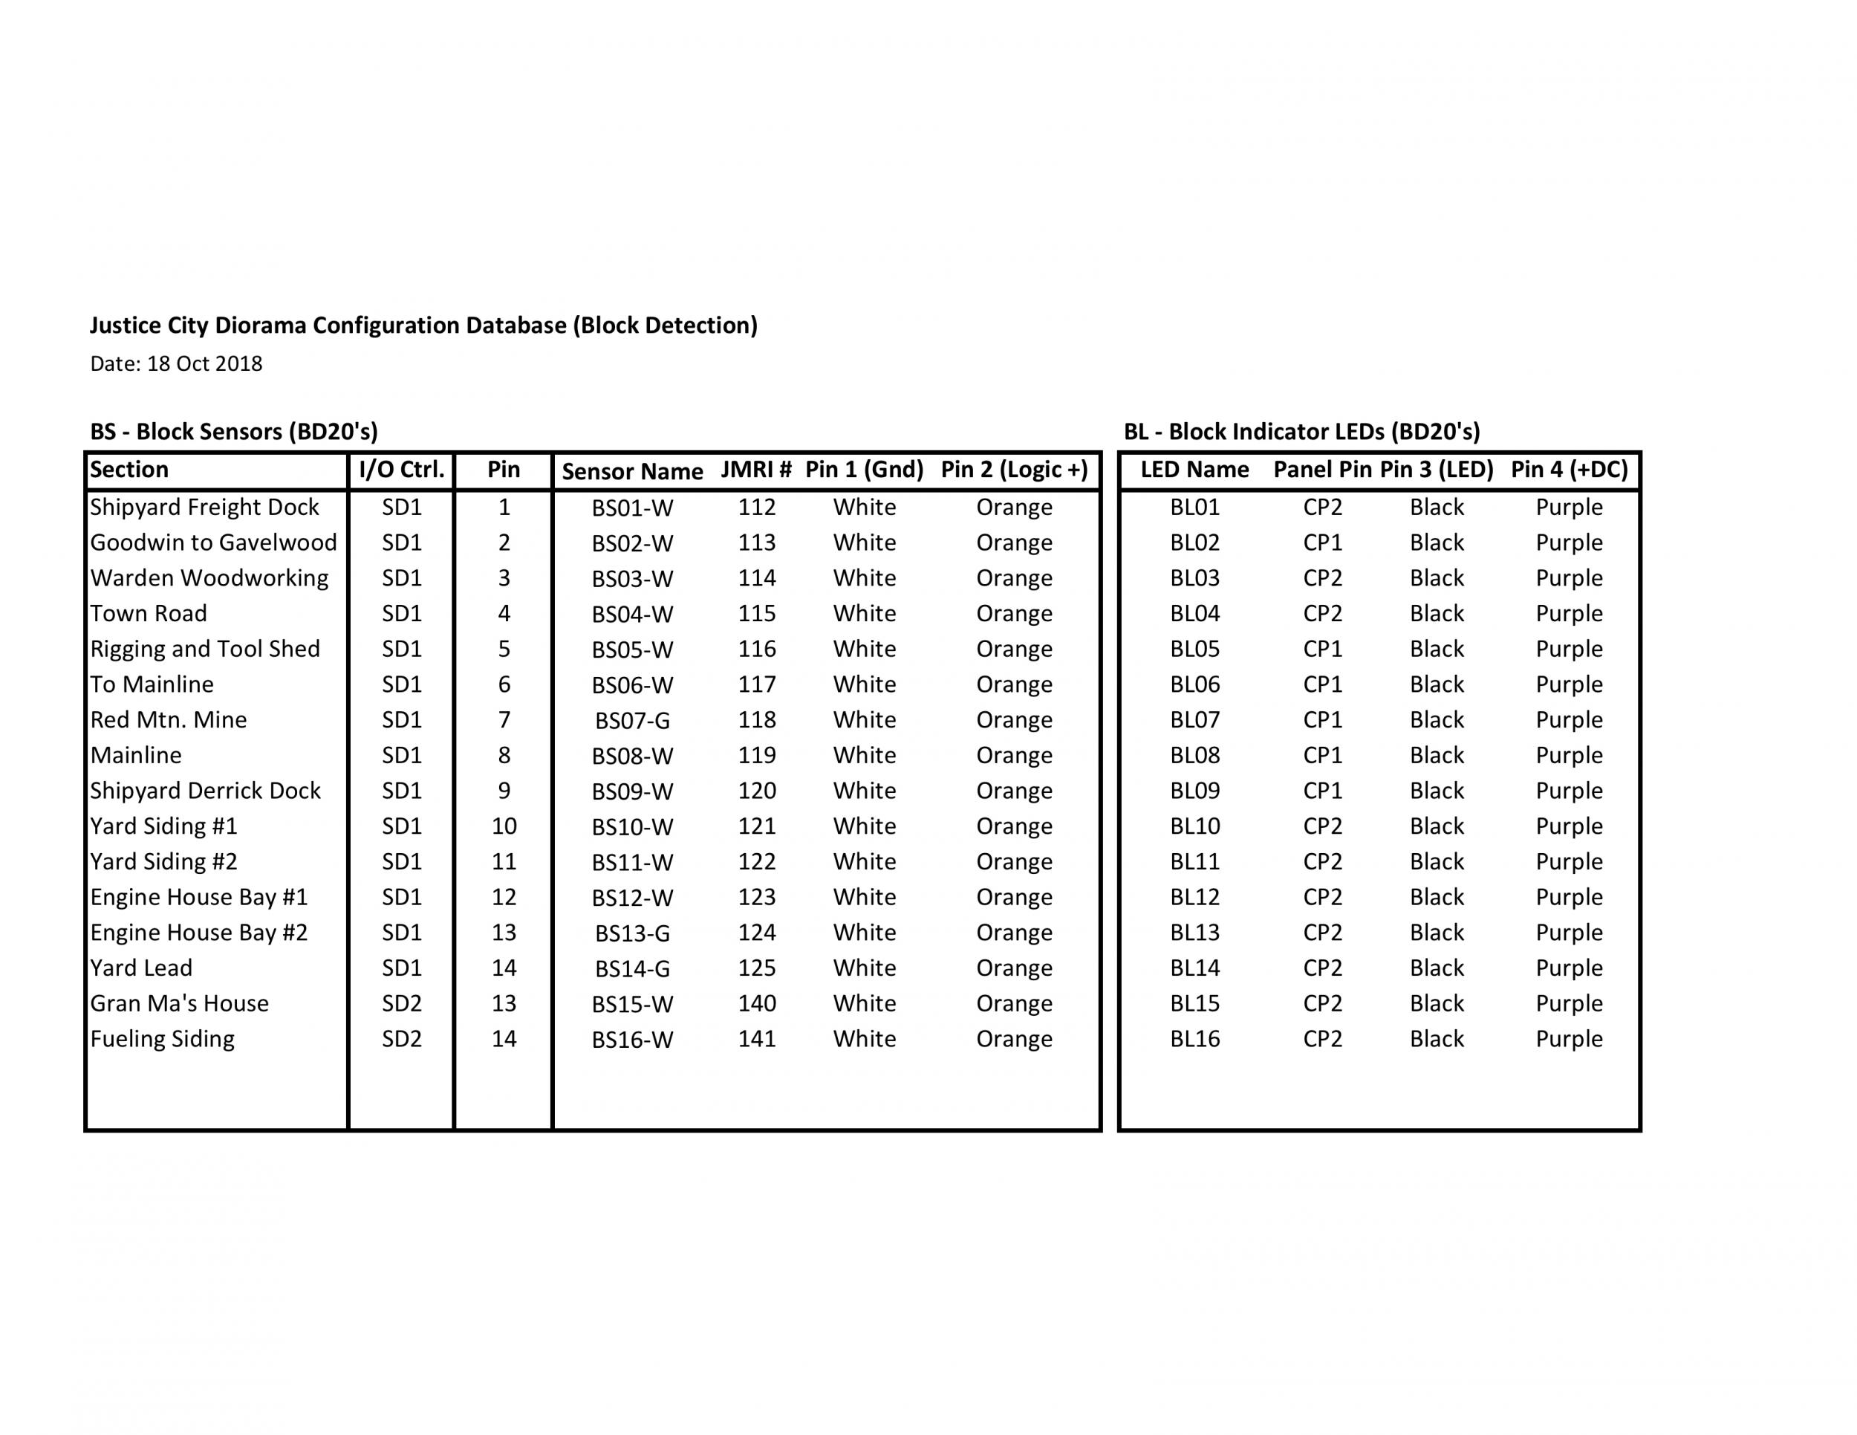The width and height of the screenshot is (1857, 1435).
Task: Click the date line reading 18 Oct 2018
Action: pyautogui.click(x=176, y=364)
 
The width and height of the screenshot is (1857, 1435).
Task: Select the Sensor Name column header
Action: pyautogui.click(x=632, y=472)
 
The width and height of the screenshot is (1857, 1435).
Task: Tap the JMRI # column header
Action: pyautogui.click(x=756, y=470)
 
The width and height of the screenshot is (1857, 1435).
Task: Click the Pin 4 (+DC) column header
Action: pyautogui.click(x=1569, y=470)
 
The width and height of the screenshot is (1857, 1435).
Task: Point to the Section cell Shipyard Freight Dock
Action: pyautogui.click(x=204, y=508)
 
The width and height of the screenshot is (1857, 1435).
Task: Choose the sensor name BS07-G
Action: pyautogui.click(x=632, y=722)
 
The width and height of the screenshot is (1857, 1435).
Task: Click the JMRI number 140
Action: pyautogui.click(x=757, y=1004)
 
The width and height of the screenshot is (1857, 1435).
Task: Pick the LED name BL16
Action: pyautogui.click(x=1194, y=1040)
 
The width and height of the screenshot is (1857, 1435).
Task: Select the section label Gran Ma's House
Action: pyautogui.click(x=180, y=1004)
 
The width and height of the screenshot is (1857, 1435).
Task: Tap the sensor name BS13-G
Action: pyautogui.click(x=632, y=934)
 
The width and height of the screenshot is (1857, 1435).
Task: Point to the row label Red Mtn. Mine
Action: pyautogui.click(x=169, y=721)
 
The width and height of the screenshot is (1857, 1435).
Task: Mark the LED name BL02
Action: pyautogui.click(x=1194, y=543)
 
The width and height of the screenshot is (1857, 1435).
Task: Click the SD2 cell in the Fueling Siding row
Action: pyautogui.click(x=401, y=1040)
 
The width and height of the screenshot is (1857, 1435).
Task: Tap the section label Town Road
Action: pyautogui.click(x=149, y=614)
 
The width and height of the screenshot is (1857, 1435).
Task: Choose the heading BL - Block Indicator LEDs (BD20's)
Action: pyautogui.click(x=1302, y=432)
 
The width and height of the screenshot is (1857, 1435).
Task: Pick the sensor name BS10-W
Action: pyautogui.click(x=632, y=828)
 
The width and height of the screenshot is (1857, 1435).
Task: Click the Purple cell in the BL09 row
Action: pyautogui.click(x=1569, y=791)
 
